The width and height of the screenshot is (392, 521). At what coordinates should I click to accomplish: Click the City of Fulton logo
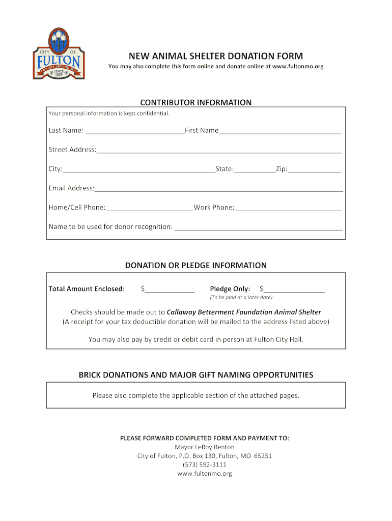click(x=59, y=53)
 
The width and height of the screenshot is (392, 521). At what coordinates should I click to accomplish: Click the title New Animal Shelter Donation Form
click(x=215, y=56)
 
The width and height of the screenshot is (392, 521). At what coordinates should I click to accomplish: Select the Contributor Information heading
click(x=195, y=102)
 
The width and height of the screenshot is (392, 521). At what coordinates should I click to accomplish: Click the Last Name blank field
click(x=134, y=131)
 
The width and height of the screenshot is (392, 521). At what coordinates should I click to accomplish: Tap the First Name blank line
click(x=279, y=131)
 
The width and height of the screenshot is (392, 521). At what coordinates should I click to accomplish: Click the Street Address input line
click(x=218, y=150)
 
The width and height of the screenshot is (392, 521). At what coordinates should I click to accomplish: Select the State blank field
click(x=255, y=169)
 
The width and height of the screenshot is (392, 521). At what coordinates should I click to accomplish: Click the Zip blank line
click(x=314, y=169)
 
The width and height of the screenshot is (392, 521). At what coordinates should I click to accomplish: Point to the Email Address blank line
click(x=218, y=189)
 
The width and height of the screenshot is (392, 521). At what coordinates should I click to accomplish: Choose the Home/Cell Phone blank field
click(x=149, y=208)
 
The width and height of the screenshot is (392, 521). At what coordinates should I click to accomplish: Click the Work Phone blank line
click(x=288, y=208)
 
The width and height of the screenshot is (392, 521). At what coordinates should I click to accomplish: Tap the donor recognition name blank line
click(x=258, y=227)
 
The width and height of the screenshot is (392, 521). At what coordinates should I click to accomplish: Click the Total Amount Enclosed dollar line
click(x=170, y=290)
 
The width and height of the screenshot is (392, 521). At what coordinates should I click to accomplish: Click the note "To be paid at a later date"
click(x=241, y=297)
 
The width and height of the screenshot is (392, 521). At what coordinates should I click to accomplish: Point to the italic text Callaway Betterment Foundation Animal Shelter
click(x=244, y=312)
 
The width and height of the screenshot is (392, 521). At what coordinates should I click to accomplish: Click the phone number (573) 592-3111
click(x=204, y=465)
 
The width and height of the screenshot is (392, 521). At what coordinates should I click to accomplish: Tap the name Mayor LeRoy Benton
click(x=205, y=447)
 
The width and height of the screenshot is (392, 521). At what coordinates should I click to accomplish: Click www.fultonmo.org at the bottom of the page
click(x=204, y=473)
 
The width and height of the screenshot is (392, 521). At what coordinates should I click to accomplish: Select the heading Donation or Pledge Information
click(x=195, y=265)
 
